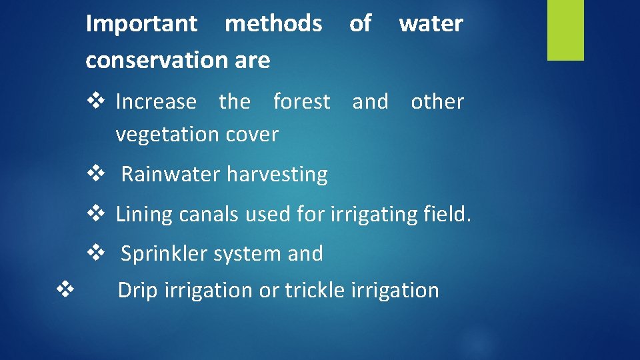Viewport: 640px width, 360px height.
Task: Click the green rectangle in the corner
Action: pos(565,30)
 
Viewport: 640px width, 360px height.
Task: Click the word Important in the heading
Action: pos(142,24)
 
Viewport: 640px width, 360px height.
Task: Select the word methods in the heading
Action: pos(273,24)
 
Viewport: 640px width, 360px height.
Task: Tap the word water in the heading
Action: pos(431,24)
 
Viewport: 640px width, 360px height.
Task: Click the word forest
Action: pos(301,102)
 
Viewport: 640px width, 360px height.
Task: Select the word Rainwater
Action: pos(171,175)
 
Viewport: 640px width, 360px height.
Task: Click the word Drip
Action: pos(138,291)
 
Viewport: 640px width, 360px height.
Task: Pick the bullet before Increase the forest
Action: pos(96,102)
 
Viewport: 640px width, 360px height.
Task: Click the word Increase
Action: pos(156,102)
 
